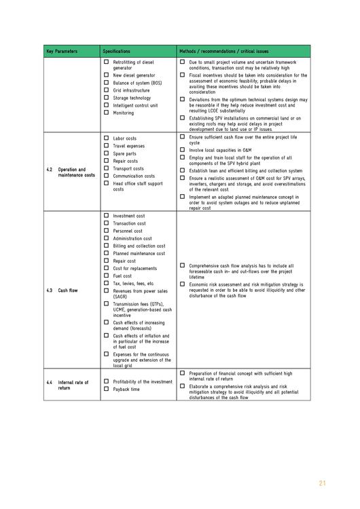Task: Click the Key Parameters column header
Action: pyautogui.click(x=62, y=52)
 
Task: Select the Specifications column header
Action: pyautogui.click(x=117, y=52)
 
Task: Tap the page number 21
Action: pyautogui.click(x=322, y=483)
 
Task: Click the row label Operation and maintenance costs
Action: pyautogui.click(x=76, y=172)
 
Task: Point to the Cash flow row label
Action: pyautogui.click(x=67, y=290)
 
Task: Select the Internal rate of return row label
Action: pyautogui.click(x=73, y=385)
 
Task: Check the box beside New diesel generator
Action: pyautogui.click(x=106, y=75)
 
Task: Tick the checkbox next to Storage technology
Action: pyautogui.click(x=106, y=97)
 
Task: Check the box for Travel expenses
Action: pyautogui.click(x=106, y=146)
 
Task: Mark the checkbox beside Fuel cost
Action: pyautogui.click(x=106, y=276)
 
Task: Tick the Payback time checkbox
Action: pyautogui.click(x=106, y=389)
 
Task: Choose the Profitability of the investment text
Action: pyautogui.click(x=143, y=381)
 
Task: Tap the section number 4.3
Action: pyautogui.click(x=50, y=290)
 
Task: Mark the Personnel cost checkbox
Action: pyautogui.click(x=106, y=231)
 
